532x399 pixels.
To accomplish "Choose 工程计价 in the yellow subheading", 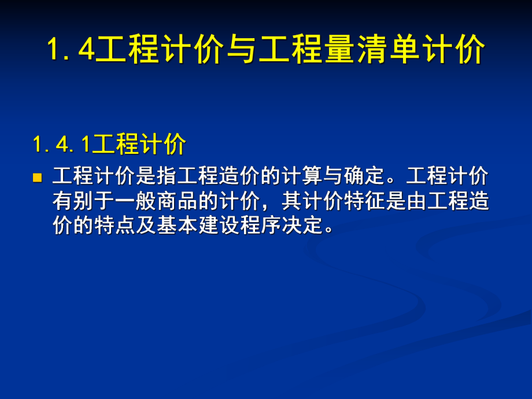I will click(139, 145).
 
